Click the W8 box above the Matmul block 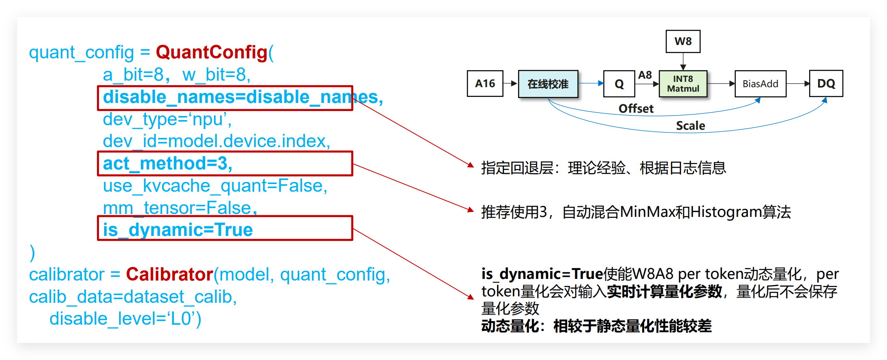point(683,41)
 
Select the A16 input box point(485,84)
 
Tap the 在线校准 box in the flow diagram point(548,84)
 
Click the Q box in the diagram point(619,84)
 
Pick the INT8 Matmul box point(683,84)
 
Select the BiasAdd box point(760,84)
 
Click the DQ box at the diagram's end point(826,84)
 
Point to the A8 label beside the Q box point(645,75)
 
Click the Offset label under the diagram point(636,109)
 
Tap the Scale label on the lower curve point(690,126)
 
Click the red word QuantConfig point(212,52)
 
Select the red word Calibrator point(169,274)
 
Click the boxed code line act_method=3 point(168,163)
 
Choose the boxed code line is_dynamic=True point(178,230)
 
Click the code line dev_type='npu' point(167,119)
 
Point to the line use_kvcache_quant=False point(215,186)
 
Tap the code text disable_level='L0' point(125,319)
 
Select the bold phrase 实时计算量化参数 point(664,291)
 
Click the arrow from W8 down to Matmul point(683,62)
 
